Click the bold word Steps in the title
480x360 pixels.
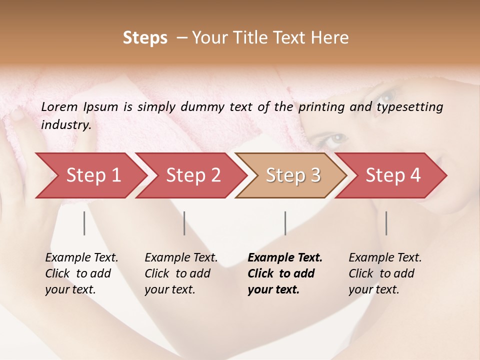tap(145, 38)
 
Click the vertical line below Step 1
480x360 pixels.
tap(84, 223)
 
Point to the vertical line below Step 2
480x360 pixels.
tap(184, 223)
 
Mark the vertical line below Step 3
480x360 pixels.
tap(285, 223)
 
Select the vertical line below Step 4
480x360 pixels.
tap(386, 223)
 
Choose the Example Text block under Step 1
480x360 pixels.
tap(81, 273)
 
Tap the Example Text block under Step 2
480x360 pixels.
tap(181, 273)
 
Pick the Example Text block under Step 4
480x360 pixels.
tap(385, 273)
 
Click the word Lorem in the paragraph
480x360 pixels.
tap(59, 107)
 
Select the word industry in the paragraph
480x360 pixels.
tap(66, 125)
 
